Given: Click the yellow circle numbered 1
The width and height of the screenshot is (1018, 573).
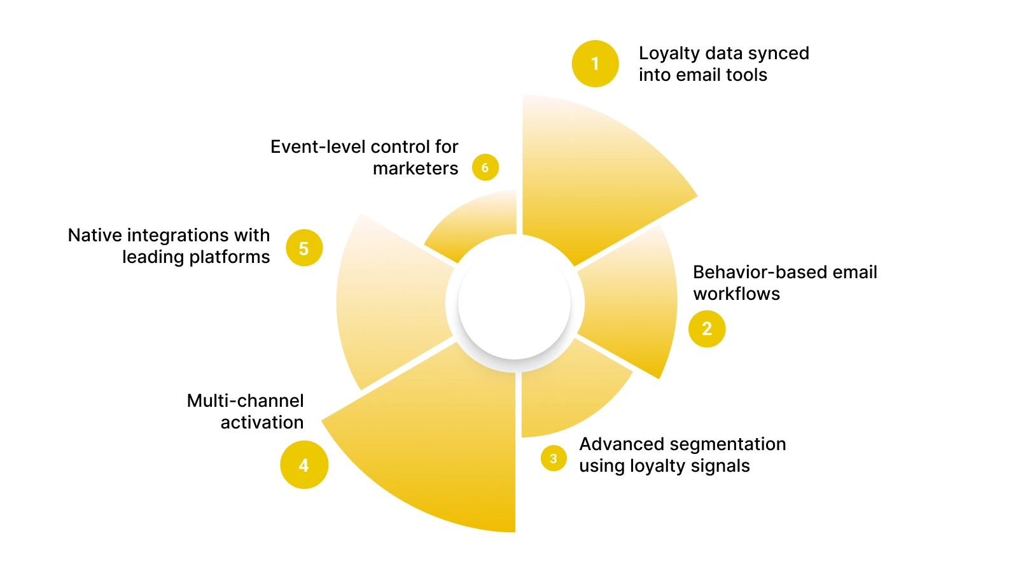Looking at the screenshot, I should tap(595, 64).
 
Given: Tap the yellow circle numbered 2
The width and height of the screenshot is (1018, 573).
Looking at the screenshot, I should tap(707, 329).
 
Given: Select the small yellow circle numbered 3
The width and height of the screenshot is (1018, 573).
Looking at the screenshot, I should tap(554, 458).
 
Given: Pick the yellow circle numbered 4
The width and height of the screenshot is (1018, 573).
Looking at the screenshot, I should tap(304, 465).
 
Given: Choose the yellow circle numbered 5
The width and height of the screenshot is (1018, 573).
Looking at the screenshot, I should tap(304, 248).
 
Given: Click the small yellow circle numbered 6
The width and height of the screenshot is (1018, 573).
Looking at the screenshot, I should tap(485, 167).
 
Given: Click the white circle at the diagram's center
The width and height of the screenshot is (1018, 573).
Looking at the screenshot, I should tap(514, 304).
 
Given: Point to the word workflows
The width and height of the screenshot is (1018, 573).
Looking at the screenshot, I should tap(736, 294).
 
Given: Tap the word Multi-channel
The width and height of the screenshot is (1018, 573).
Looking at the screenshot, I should tap(245, 400).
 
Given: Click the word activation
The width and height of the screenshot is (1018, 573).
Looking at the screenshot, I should tap(261, 422).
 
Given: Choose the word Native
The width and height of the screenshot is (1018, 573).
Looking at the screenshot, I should tap(95, 235).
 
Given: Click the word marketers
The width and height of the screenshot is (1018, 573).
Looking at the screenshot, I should tap(415, 169).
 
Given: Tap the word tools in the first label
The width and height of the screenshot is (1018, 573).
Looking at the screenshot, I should tap(746, 75).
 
